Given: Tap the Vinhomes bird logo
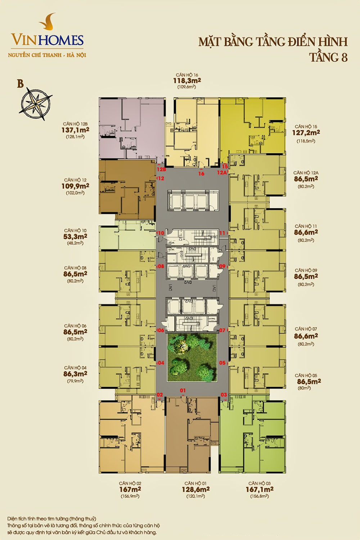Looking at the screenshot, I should [48, 22].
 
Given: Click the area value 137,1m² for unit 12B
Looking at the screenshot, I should [75, 130].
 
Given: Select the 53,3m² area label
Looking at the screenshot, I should [75, 237].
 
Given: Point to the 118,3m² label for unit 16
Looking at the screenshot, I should [187, 81].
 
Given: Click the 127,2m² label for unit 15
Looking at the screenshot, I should [306, 132].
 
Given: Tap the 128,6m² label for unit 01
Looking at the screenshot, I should [195, 489].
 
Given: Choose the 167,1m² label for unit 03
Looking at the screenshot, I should [260, 489].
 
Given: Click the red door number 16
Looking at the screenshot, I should [201, 174].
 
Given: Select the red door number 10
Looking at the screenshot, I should [161, 233].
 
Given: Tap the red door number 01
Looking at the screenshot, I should [183, 390].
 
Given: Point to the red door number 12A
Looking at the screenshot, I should [222, 172].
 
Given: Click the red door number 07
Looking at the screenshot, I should [222, 330].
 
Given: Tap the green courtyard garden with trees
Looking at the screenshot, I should [192, 358].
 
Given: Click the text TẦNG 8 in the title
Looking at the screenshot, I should [328, 57].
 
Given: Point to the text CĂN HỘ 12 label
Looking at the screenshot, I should [75, 180].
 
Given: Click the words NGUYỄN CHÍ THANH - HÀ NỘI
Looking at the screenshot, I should [47, 55].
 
